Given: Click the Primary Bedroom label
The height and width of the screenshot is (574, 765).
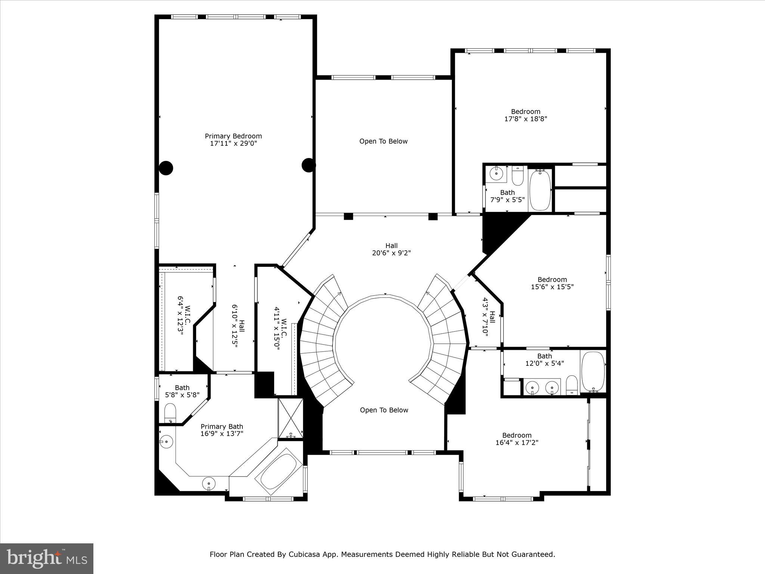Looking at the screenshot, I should point(233,136).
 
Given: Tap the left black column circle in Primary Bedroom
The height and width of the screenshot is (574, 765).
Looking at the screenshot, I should point(166,168).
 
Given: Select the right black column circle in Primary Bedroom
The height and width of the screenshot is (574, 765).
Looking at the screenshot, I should point(309,165).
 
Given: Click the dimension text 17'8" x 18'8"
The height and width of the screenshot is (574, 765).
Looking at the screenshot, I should point(526,119).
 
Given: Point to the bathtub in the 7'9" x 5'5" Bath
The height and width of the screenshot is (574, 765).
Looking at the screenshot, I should point(540,190).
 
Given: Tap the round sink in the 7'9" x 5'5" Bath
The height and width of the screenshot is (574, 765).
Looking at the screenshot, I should point(496,174).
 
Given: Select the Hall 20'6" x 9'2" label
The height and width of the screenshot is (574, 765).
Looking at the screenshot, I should point(391,249).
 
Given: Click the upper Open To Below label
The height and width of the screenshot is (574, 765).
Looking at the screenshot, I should point(383,141).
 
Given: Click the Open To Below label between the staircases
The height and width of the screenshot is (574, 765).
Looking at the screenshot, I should point(384,410).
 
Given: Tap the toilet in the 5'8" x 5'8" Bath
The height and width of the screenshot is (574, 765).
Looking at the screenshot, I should point(170,413).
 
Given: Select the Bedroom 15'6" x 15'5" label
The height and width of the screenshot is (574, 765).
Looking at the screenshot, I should point(552,283).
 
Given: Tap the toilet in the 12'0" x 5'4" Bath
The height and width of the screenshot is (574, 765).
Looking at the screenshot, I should point(572,385).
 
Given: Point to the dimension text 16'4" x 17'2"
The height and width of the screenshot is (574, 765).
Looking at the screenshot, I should point(517,442).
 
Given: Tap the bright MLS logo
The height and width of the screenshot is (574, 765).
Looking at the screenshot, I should point(47,558).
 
